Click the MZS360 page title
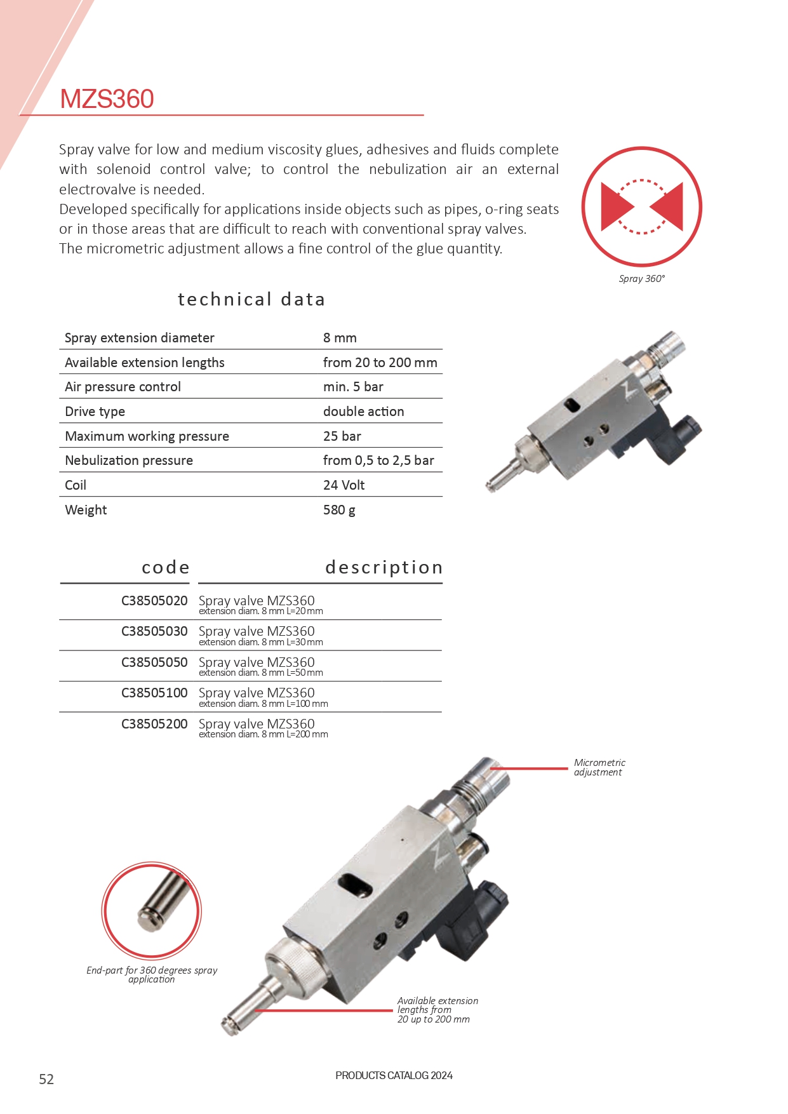click(107, 99)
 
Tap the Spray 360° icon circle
click(641, 207)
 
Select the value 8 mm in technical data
click(340, 338)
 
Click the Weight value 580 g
click(339, 510)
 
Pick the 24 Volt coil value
click(344, 485)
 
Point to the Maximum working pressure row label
click(147, 436)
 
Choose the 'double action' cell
click(363, 412)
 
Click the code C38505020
click(154, 601)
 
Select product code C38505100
click(154, 693)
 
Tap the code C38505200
click(154, 724)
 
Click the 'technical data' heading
click(251, 299)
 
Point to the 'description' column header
click(384, 567)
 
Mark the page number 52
click(46, 1079)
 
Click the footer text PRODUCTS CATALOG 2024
click(394, 1075)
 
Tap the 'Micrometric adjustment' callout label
click(599, 767)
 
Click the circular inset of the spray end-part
click(151, 910)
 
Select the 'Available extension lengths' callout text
click(437, 1010)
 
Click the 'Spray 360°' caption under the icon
click(641, 279)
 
